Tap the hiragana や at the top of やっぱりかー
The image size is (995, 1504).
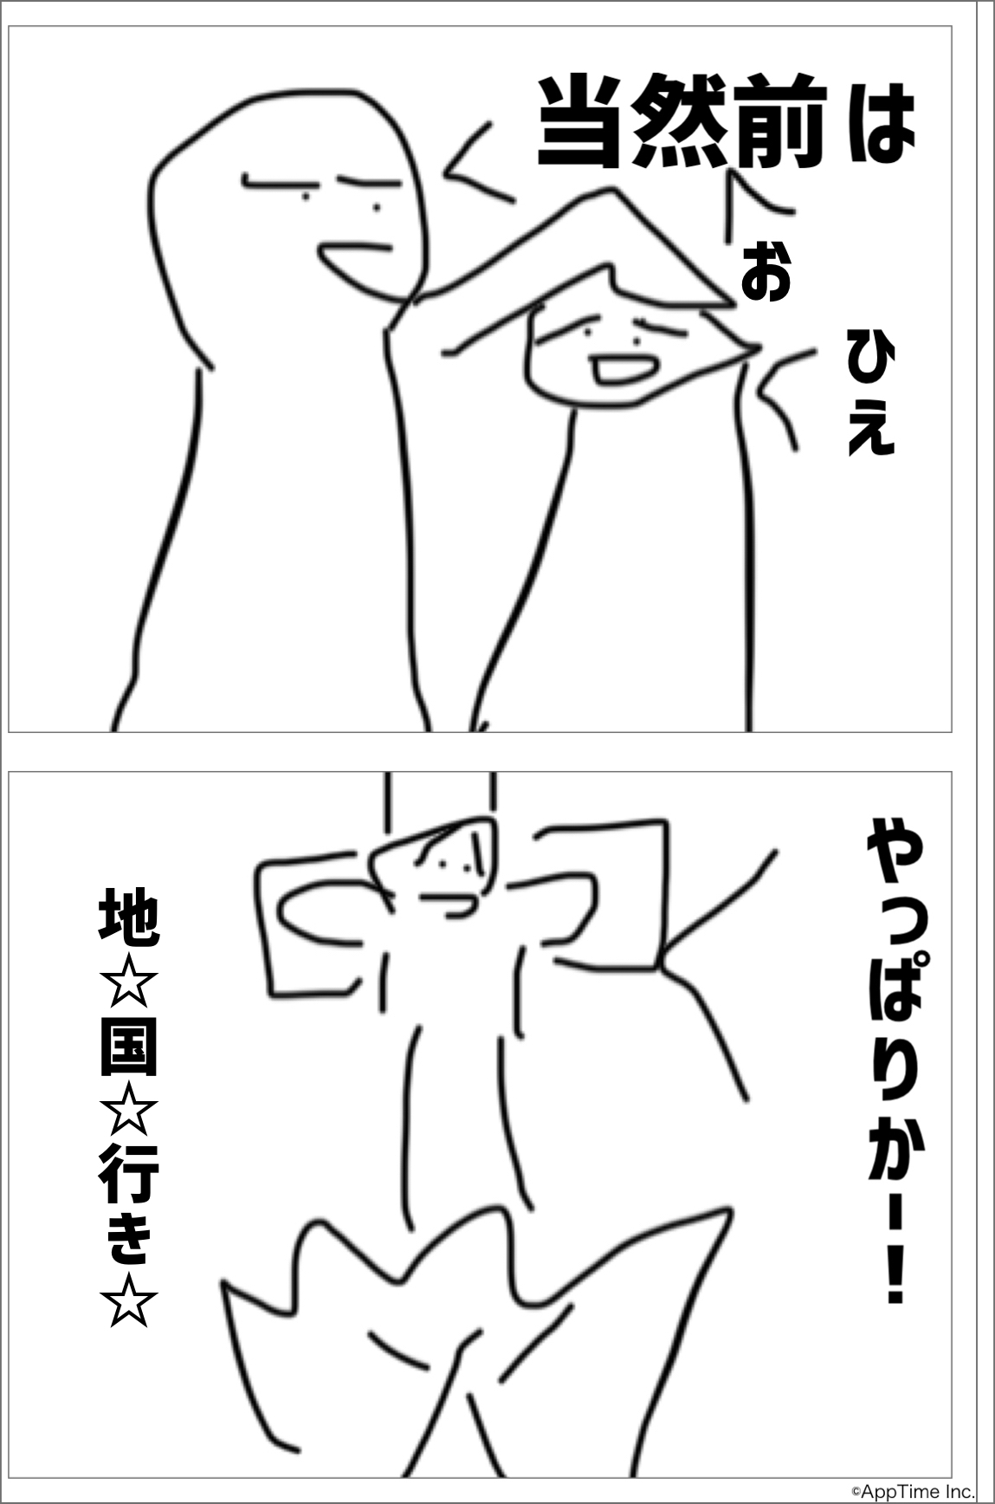point(895,854)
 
